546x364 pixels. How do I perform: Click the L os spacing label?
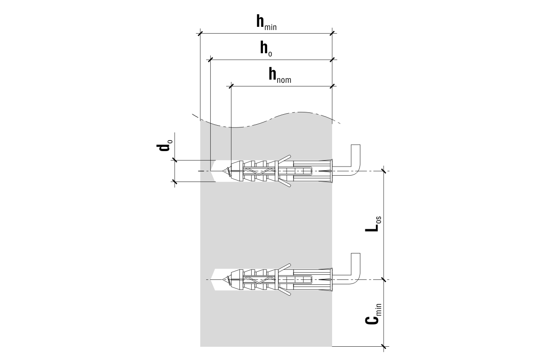click(x=374, y=224)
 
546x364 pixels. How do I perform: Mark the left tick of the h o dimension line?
click(x=210, y=59)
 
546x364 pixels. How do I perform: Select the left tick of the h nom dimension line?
click(x=231, y=85)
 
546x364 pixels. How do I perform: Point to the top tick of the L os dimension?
click(x=384, y=171)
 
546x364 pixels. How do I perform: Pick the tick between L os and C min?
click(x=384, y=279)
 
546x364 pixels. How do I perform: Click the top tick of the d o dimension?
click(x=175, y=160)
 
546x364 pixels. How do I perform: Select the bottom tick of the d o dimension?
click(x=175, y=182)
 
